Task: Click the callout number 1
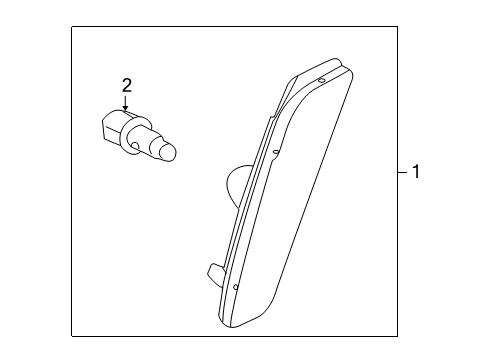(x=416, y=173)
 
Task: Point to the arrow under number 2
(x=126, y=105)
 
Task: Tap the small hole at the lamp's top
(x=321, y=80)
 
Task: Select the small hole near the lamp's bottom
(x=235, y=287)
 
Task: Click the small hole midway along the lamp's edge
(x=273, y=153)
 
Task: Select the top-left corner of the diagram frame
(x=72, y=27)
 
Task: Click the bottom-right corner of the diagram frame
(x=396, y=337)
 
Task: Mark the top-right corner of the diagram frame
(x=396, y=27)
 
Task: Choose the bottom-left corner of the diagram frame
(x=72, y=337)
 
